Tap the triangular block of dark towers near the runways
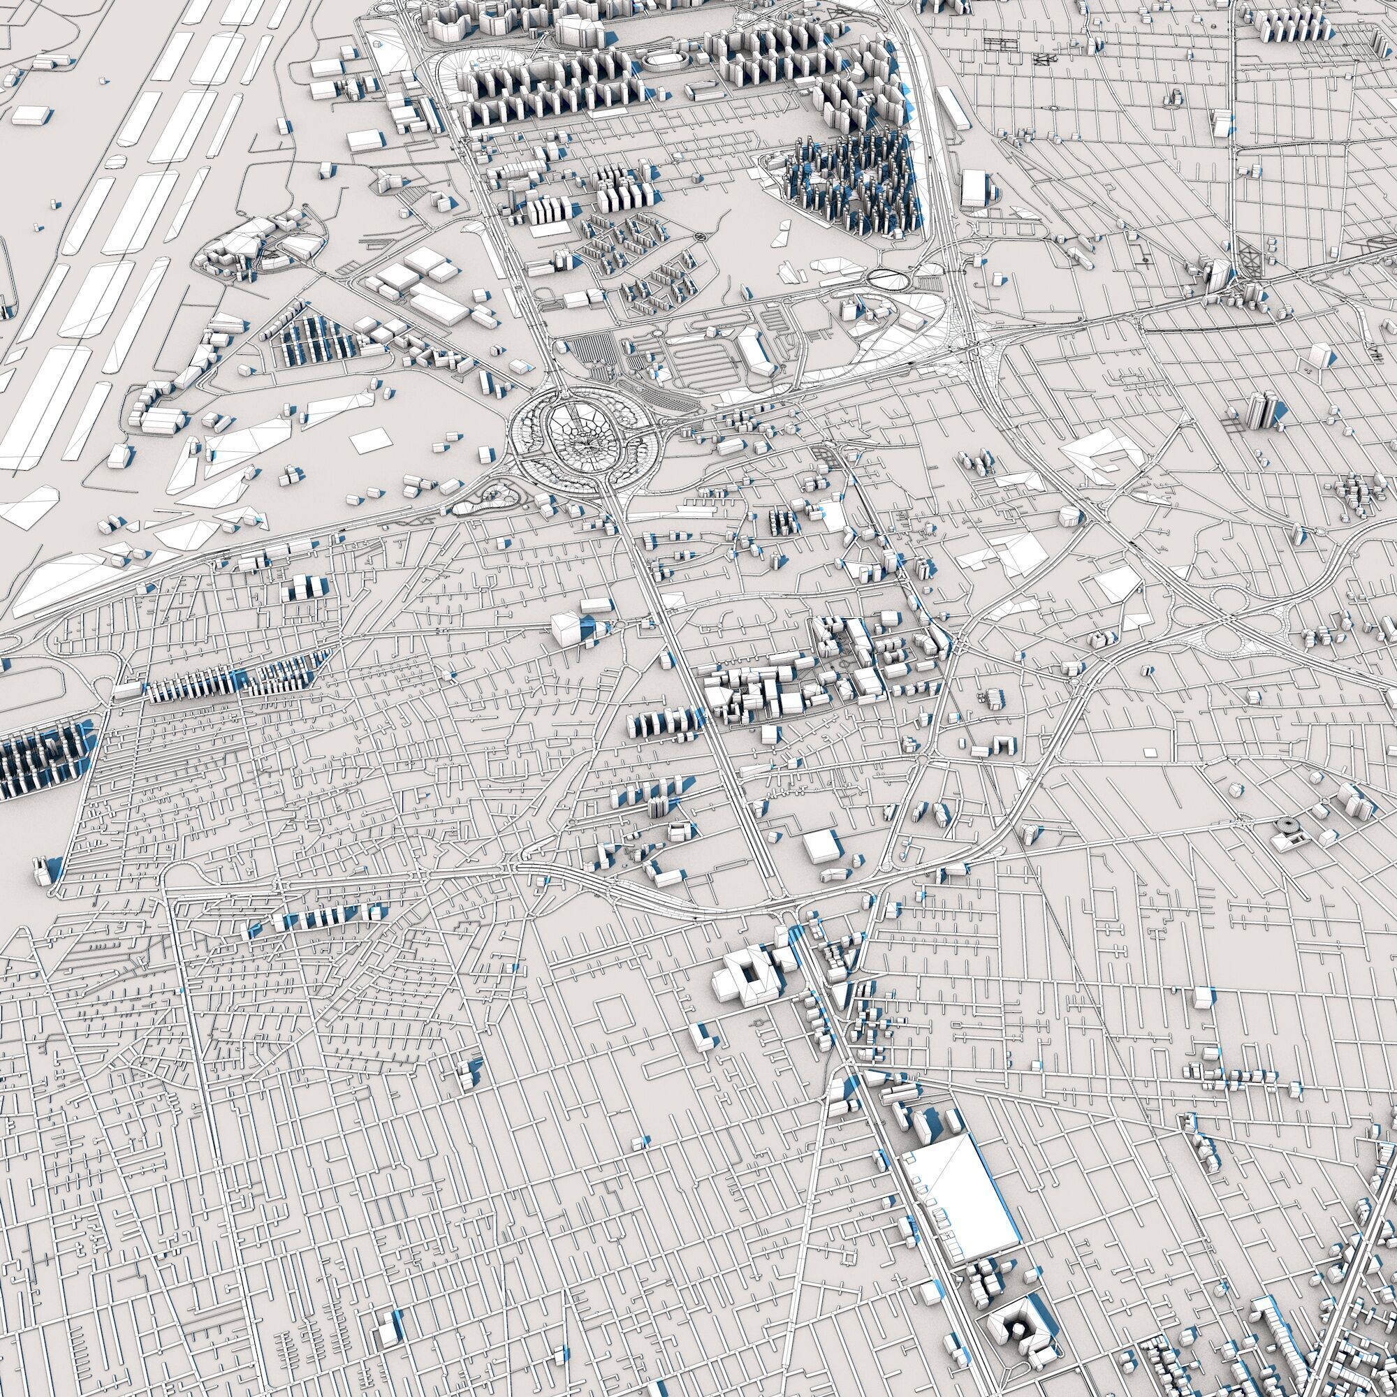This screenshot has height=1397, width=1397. tap(314, 338)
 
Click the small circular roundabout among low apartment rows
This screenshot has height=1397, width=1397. tap(699, 237)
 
